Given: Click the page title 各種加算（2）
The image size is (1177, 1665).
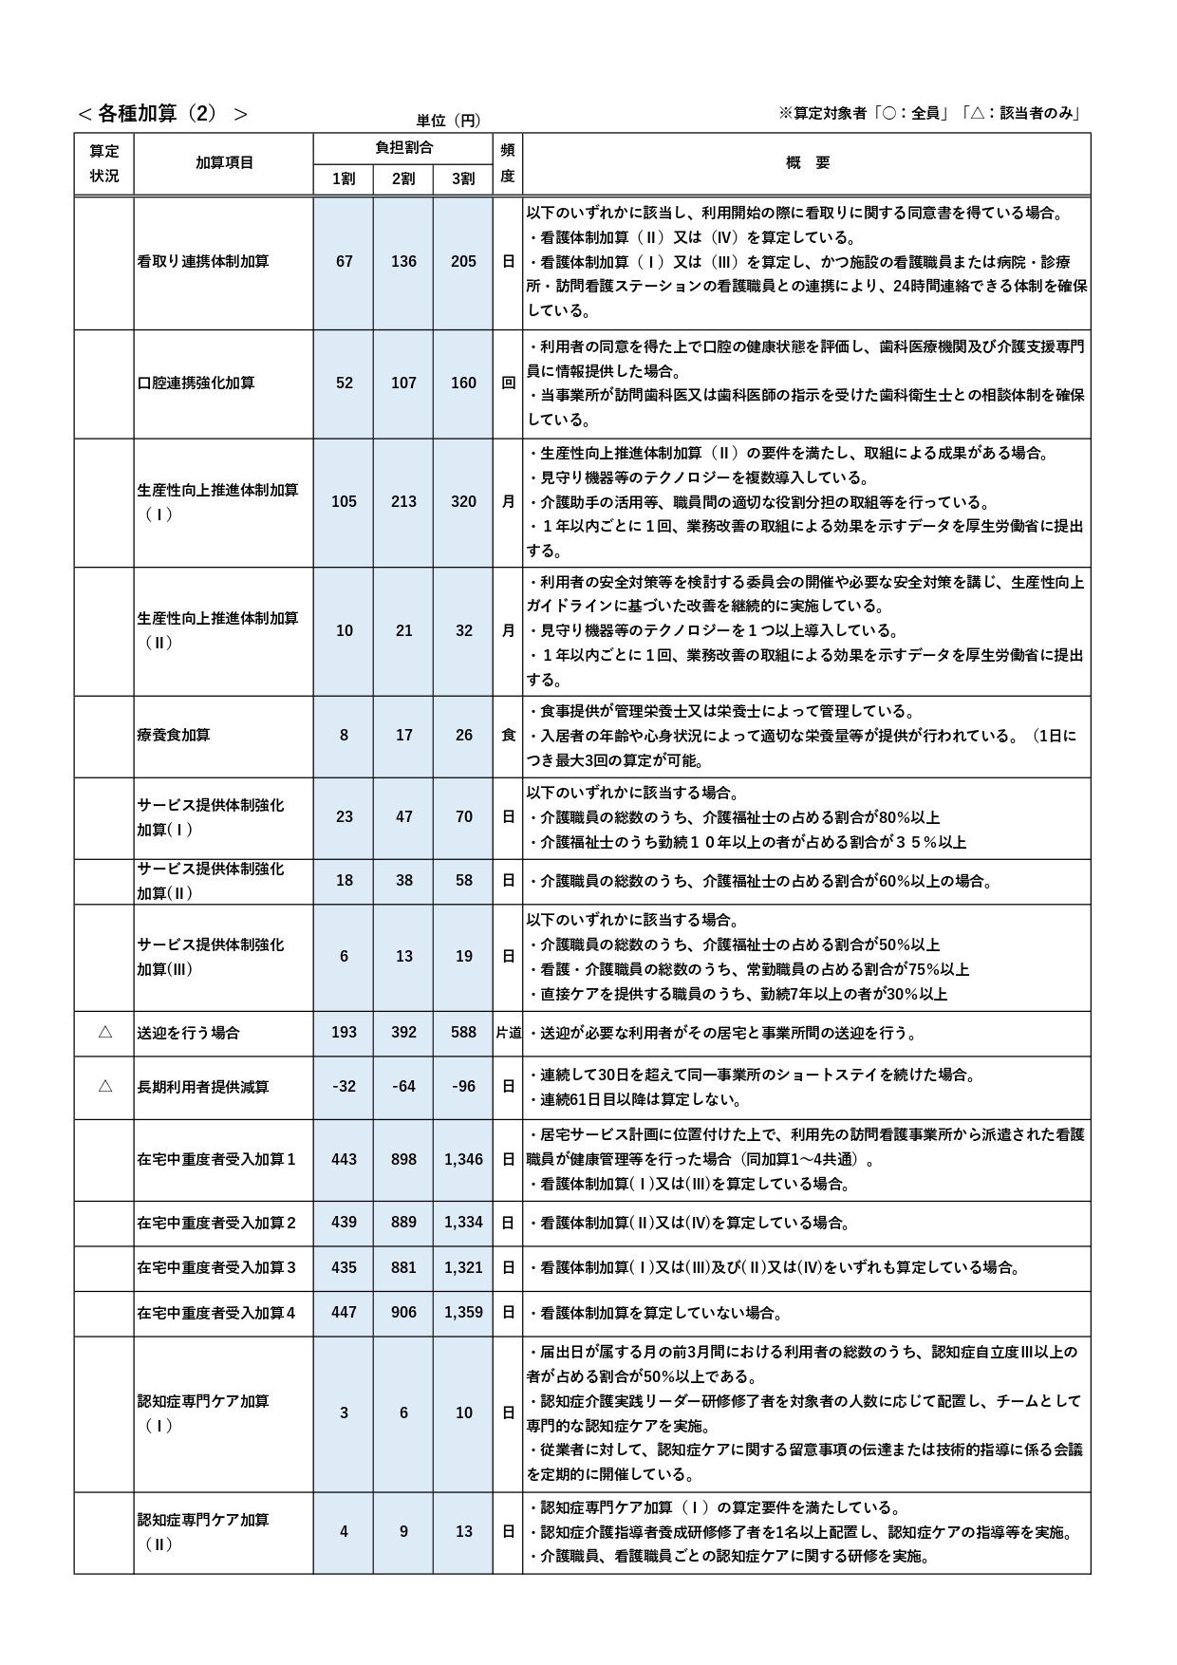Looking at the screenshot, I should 162,114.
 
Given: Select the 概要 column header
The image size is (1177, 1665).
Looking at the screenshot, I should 808,163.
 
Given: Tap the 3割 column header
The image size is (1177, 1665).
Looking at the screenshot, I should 463,178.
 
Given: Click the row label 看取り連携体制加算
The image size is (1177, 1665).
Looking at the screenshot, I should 203,261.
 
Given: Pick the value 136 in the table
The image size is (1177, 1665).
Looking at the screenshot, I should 403,261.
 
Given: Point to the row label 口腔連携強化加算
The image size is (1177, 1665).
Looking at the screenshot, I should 196,383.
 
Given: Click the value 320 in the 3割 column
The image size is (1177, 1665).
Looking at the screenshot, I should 463,501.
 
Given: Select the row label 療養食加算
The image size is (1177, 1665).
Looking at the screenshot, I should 174,735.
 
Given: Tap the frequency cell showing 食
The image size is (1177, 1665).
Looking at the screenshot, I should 508,735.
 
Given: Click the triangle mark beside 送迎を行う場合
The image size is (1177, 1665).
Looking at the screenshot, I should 104,1032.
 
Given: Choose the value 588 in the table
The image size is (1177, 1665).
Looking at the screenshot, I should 463,1032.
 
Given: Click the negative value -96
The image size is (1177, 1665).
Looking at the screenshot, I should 463,1086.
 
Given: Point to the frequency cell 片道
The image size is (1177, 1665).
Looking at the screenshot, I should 508,1032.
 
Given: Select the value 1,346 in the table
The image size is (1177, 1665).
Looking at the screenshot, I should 463,1159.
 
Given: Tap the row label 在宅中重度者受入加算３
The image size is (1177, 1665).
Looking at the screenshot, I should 216,1267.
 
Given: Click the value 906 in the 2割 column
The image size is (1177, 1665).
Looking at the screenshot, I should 403,1313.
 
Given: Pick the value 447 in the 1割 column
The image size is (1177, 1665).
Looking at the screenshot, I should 344,1313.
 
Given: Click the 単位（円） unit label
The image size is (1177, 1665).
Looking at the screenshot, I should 448,121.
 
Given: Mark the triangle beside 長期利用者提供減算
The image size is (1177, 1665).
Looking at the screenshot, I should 104,1086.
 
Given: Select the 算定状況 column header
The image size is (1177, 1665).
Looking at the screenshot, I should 104,163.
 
